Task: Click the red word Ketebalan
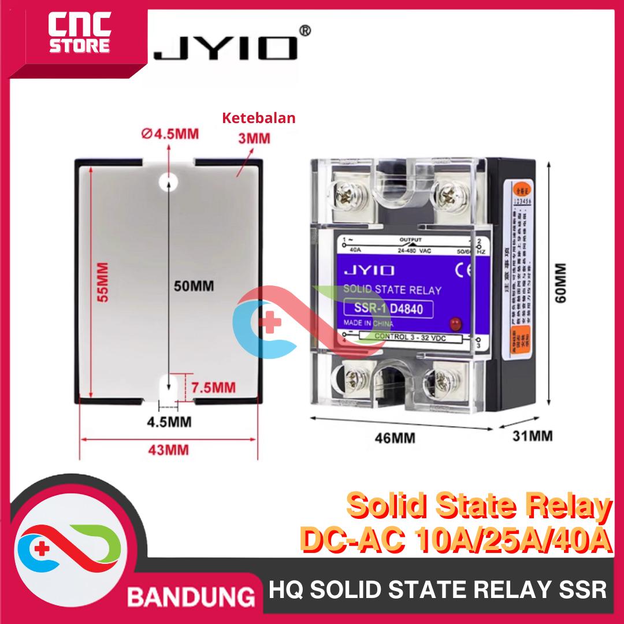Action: pyautogui.click(x=259, y=118)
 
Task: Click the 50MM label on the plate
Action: pyautogui.click(x=191, y=285)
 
